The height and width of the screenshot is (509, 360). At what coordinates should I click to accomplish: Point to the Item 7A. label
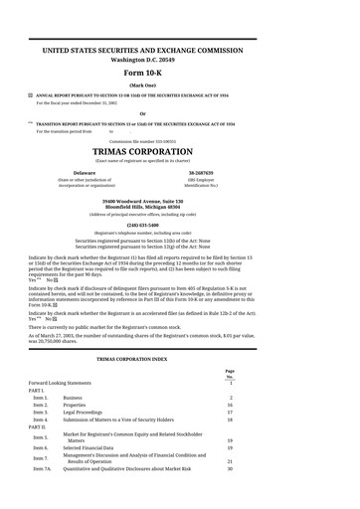tap(42, 468)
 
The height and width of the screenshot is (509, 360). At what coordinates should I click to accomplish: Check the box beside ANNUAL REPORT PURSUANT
tap(30, 94)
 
